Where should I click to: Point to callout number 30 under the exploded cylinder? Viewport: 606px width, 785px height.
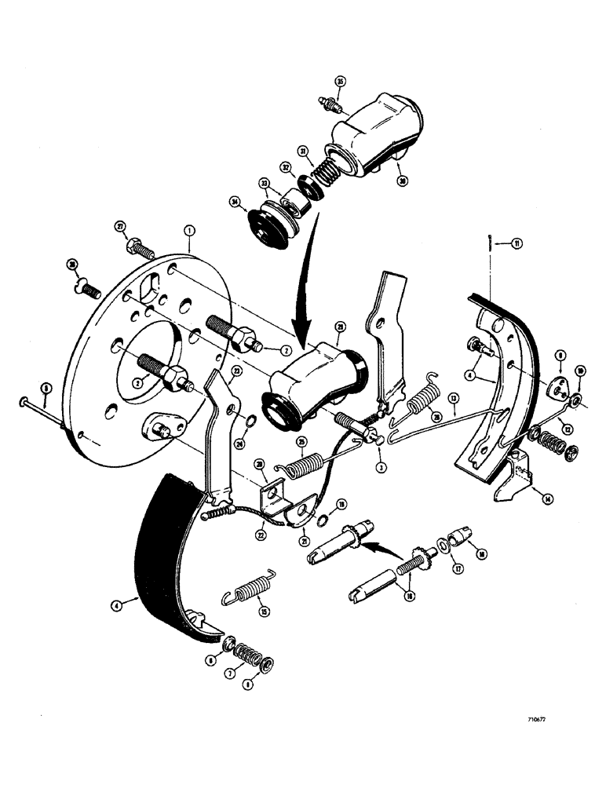[x=403, y=180]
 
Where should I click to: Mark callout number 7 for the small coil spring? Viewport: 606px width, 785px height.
[x=250, y=674]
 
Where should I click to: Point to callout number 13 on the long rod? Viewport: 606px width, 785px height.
[x=453, y=399]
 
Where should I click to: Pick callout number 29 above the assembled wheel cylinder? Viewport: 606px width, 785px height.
[x=340, y=326]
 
